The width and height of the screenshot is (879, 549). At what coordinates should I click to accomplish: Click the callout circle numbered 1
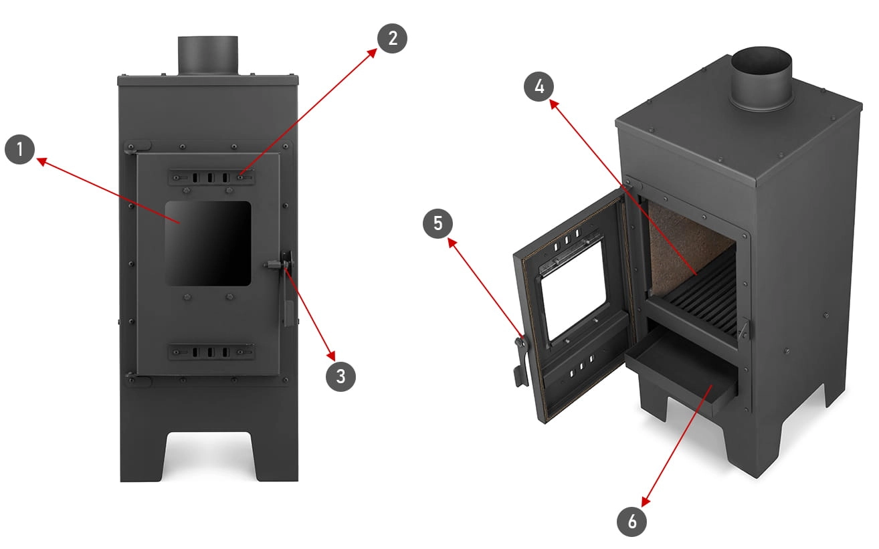[x=19, y=149]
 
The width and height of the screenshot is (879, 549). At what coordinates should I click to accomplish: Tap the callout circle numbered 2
[x=392, y=38]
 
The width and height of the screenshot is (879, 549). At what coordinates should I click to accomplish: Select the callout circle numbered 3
[x=340, y=376]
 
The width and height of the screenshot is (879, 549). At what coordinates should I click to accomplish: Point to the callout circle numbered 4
[x=539, y=87]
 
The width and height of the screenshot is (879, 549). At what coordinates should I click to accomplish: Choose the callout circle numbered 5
[x=437, y=223]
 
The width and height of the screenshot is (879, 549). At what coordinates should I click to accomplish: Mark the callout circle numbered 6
[x=631, y=522]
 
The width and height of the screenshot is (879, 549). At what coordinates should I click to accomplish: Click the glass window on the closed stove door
[x=208, y=243]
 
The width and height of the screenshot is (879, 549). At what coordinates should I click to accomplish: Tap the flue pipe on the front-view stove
[x=208, y=56]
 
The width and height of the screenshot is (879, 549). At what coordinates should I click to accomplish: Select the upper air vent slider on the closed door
[x=211, y=178]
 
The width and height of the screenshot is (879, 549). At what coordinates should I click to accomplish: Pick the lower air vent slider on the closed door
[x=211, y=352]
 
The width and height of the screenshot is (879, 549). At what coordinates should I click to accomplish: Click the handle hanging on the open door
[x=522, y=362]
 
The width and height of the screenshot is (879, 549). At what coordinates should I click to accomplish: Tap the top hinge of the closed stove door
[x=137, y=147]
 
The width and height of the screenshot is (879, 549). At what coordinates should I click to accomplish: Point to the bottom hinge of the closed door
[x=137, y=380]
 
